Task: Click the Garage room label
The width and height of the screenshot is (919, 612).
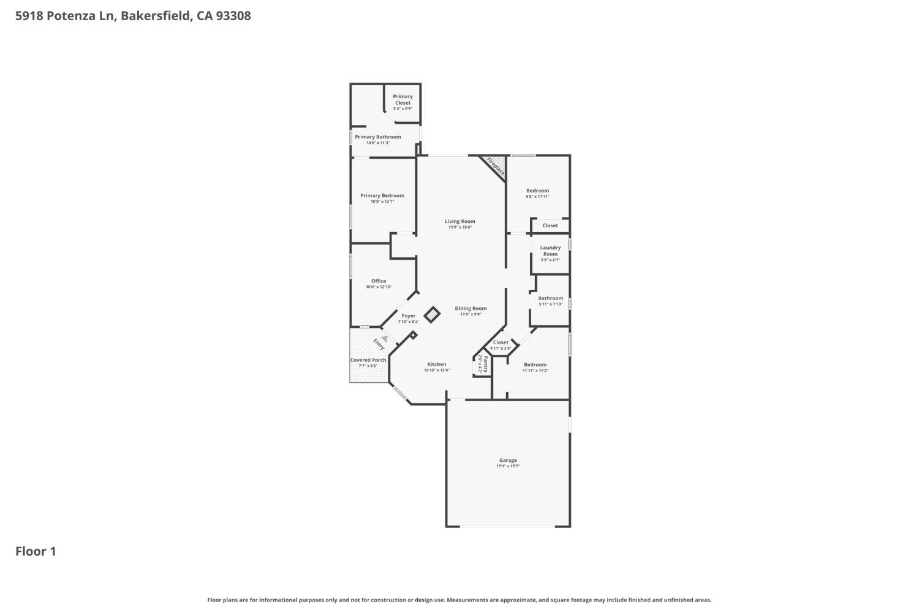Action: (x=508, y=460)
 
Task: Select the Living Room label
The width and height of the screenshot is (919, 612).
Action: (x=459, y=221)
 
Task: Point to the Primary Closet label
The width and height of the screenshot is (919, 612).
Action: (x=403, y=99)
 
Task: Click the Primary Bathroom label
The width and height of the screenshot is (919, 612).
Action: (x=378, y=137)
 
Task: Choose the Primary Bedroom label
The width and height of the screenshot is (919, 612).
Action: (x=382, y=195)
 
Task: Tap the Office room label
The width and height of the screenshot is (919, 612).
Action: (x=379, y=281)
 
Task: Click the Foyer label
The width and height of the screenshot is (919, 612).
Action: (x=408, y=315)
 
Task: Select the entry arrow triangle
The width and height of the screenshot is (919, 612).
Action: (x=384, y=338)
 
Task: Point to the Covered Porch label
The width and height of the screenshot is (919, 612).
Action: (x=368, y=360)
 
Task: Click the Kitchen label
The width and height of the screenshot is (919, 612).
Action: (x=437, y=364)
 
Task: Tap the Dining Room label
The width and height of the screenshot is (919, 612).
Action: (x=471, y=308)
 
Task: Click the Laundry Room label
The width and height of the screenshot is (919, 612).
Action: (x=550, y=251)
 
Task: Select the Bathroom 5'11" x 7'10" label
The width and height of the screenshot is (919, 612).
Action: (x=550, y=298)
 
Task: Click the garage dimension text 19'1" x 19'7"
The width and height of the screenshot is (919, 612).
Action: (x=508, y=466)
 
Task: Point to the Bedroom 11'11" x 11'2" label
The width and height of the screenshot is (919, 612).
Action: (x=535, y=365)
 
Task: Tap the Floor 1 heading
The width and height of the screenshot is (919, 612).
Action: (x=36, y=551)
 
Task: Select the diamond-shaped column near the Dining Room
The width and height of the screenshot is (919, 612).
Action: (x=432, y=315)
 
